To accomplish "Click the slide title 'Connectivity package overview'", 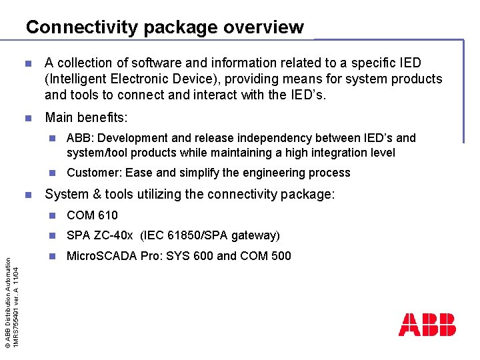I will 165,27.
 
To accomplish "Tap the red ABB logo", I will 427,325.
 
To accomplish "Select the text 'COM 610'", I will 92,215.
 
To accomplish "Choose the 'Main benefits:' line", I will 86,118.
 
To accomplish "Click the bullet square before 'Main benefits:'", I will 27,118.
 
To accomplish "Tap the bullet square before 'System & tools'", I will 27,195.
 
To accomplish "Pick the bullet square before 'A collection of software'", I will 27,63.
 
